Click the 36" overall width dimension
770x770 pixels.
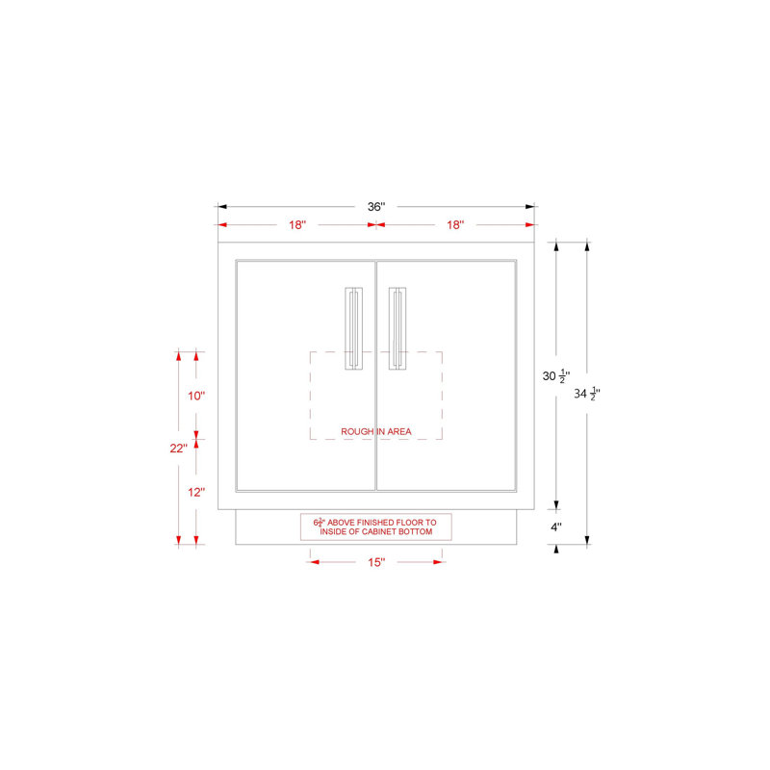click(x=376, y=207)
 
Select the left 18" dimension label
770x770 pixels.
click(x=297, y=225)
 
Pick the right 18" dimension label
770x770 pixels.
click(x=455, y=225)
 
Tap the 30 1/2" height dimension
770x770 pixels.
click(x=556, y=376)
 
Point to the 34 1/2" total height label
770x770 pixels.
click(x=587, y=394)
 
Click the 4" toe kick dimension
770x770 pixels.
click(x=556, y=527)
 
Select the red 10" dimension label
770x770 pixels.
click(x=196, y=396)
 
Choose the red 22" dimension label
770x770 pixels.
click(x=178, y=449)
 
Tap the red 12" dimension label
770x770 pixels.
click(x=196, y=492)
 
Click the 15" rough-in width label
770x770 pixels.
click(x=376, y=562)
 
